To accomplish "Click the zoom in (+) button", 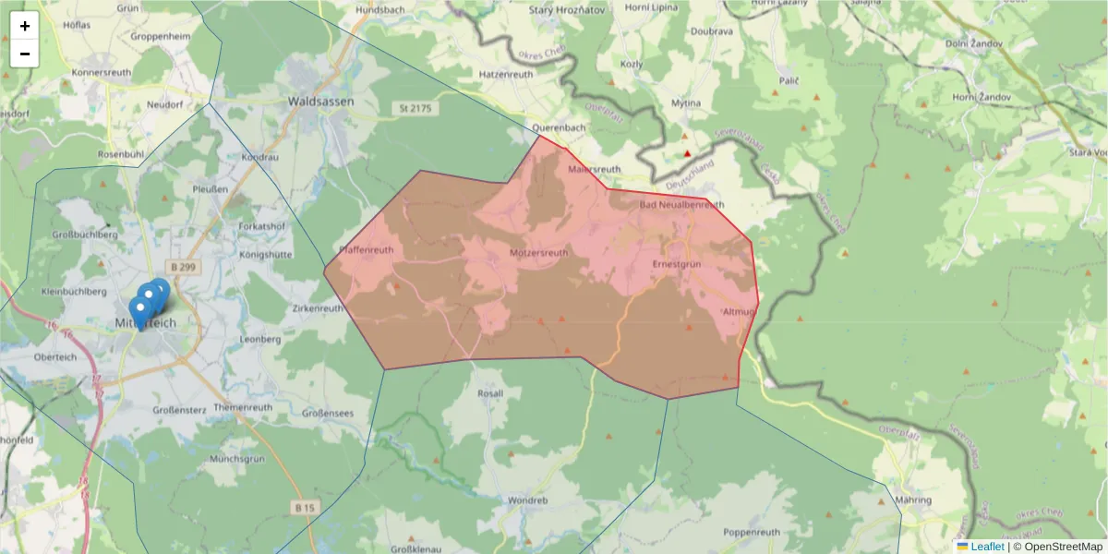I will click(25, 26).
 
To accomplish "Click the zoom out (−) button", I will click(25, 54).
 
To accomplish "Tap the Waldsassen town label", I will click(320, 102).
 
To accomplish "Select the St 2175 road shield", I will click(415, 109).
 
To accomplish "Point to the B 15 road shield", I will click(306, 508).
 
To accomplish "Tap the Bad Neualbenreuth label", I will click(682, 205).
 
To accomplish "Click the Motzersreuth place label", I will click(538, 252).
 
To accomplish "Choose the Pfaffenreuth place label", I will click(367, 249).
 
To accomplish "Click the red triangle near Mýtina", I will click(686, 153).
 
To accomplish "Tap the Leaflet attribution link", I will click(987, 547).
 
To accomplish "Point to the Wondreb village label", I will click(527, 500).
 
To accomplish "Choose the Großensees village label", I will click(328, 415).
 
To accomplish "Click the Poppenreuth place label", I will click(753, 532).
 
